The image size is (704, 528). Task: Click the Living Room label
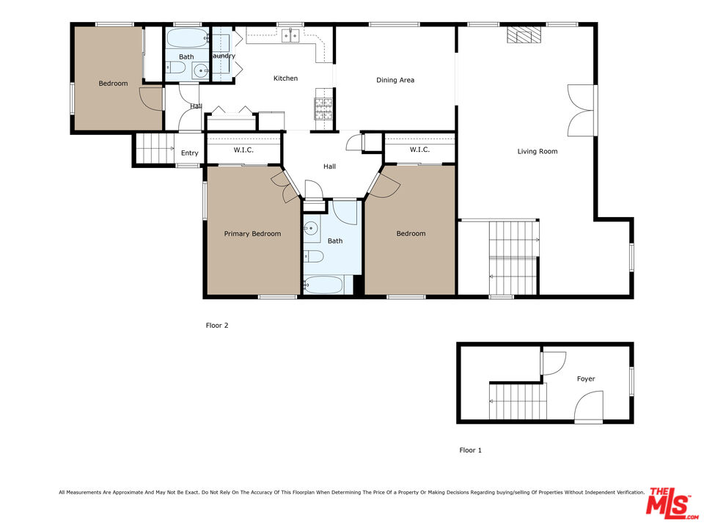pos(538,152)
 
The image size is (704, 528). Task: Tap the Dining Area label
pos(395,80)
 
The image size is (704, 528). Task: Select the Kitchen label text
pos(285,78)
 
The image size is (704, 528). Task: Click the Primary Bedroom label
pos(252,234)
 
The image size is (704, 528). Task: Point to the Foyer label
pos(585,379)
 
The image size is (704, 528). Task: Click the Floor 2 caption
pos(217,326)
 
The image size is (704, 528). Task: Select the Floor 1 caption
pos(470,450)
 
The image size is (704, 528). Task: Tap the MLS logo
pos(669,504)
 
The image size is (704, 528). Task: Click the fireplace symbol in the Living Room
pos(524,36)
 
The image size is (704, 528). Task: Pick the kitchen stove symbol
pos(323,109)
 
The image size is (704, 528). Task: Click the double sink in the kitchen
pos(291,34)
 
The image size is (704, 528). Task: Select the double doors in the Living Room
pos(581,110)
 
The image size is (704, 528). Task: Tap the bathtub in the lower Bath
pos(323,285)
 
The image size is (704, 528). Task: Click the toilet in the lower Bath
pos(313,257)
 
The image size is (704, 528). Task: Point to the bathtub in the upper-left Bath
pos(187,38)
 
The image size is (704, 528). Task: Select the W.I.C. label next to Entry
pos(243,150)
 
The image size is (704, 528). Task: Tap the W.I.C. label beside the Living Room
pos(419,150)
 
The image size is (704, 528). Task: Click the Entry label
pos(189,153)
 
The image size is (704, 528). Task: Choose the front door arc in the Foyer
pos(589,406)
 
